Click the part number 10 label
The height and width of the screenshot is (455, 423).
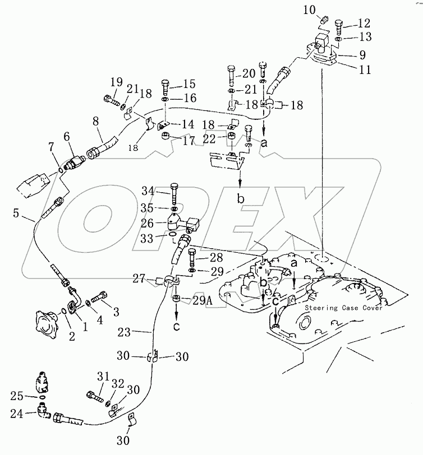[310, 10]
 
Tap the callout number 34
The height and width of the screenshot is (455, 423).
[148, 191]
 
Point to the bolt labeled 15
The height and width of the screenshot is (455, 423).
[165, 87]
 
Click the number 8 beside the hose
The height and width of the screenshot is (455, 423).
[96, 121]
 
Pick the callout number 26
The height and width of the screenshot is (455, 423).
[147, 224]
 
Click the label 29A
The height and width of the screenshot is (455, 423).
[203, 301]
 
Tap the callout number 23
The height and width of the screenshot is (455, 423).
[124, 332]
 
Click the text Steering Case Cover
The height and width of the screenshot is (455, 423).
[344, 308]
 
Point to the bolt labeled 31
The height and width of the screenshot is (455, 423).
[95, 396]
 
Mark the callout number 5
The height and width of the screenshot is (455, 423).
[16, 213]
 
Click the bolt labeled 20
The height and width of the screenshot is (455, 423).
[231, 76]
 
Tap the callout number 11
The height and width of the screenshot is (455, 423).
[365, 69]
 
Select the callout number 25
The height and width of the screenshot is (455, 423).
[17, 396]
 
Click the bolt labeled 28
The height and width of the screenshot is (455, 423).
[193, 258]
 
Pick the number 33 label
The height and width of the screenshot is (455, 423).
[147, 239]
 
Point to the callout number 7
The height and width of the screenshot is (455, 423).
[51, 147]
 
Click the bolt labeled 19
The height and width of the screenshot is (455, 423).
[111, 100]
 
